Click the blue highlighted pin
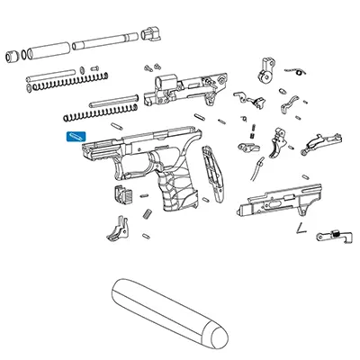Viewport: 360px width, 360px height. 75,137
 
